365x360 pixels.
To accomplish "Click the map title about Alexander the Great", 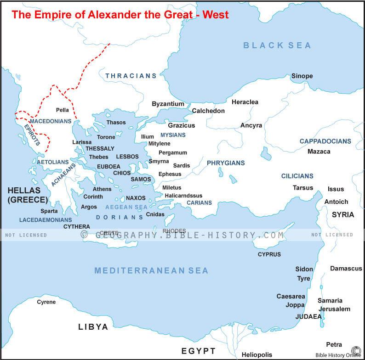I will coord(120,14).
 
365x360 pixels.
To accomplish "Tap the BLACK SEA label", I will coord(277,45).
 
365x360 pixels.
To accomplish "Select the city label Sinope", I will coord(302,76).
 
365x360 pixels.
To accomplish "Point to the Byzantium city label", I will coord(168,104).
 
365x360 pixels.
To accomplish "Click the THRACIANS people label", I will coord(131,76).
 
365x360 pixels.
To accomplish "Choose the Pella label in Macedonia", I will coord(62,110).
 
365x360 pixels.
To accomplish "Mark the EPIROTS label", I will coord(32,135).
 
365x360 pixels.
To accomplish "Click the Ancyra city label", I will coord(251,125).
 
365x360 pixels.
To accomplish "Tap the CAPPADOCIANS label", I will coord(325,141).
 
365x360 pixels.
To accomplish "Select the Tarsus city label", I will coord(303,187).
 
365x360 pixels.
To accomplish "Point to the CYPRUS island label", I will coord(269,254).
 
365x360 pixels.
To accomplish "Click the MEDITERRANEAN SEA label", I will coord(151,270).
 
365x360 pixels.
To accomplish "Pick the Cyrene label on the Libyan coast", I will coord(46,302).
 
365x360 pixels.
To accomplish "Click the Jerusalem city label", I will coord(334,309).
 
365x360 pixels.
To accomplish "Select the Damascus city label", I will coord(346,268).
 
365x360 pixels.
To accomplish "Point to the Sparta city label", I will coord(49,211).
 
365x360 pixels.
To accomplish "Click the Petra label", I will coord(334,344).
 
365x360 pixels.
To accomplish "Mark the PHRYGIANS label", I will coord(226,163).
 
